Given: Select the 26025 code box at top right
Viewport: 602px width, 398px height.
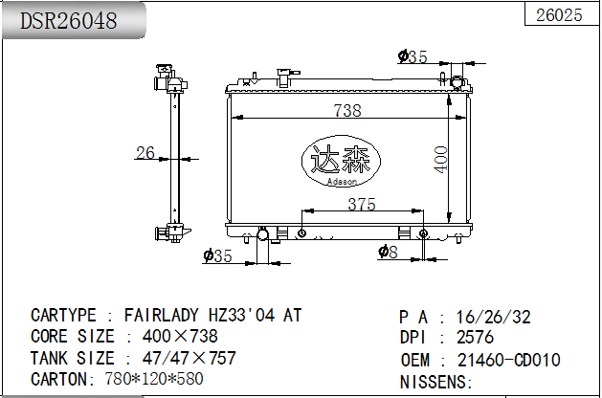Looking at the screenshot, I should coord(559,14).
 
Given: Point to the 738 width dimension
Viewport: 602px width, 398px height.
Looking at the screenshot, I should coord(347,110).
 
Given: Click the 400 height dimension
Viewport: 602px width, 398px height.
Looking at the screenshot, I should coord(439,160).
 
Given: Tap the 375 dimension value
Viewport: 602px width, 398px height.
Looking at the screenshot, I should coord(361,204).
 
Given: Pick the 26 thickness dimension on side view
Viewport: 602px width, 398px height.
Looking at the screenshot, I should coord(145,152).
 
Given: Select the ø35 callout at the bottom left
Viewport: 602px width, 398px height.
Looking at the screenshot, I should coord(218,255).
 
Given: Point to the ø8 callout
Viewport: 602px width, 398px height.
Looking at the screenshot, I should coord(388,252).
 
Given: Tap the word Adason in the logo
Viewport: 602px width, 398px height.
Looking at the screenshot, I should coord(341,181).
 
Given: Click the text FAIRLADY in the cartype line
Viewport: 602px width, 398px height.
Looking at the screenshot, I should coord(162,315).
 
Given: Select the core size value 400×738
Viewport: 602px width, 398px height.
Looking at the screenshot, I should coord(180,336).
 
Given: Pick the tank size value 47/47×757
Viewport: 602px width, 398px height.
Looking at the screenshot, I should coord(189,358).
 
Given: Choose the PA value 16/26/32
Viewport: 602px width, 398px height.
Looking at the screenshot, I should coord(495,317).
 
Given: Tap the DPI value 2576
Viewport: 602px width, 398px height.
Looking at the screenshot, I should coord(476,337).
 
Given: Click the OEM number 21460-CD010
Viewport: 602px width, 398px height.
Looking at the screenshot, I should coord(508,360).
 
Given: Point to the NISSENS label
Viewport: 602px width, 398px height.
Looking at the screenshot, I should coord(435,382).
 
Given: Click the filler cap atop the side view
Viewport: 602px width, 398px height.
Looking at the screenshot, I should coord(165,74).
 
